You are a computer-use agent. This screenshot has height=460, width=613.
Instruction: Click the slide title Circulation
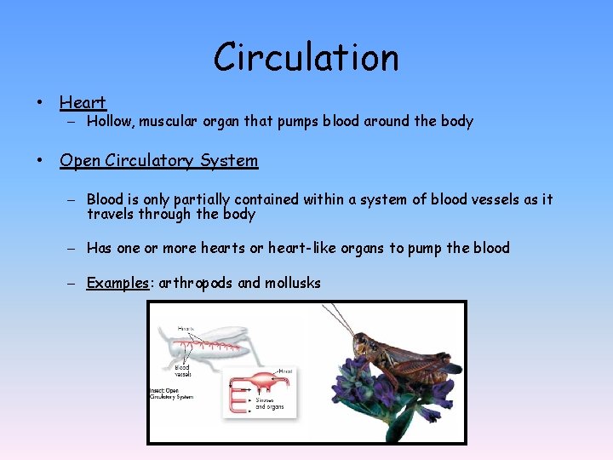(306, 58)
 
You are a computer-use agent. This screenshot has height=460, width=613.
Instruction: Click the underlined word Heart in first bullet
(83, 103)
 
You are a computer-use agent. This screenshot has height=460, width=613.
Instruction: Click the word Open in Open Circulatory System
(78, 160)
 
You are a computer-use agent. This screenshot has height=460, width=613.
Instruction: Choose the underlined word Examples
(117, 283)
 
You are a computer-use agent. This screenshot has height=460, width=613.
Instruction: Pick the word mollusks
(293, 283)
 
